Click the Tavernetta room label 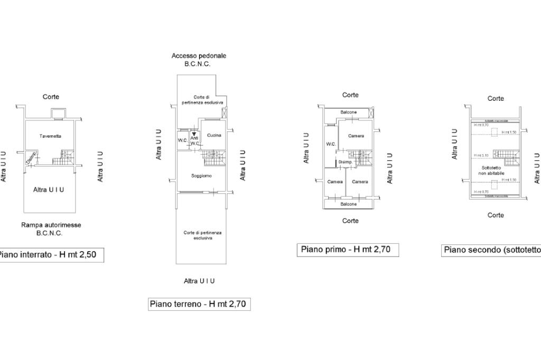[x=50, y=136]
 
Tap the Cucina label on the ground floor [x=214, y=135]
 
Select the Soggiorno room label [x=201, y=176]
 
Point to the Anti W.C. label [x=194, y=140]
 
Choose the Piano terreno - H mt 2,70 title [x=199, y=304]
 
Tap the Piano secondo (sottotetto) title [x=492, y=250]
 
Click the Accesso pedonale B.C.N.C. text [x=199, y=60]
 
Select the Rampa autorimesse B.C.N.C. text [x=51, y=229]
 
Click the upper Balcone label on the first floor [x=348, y=112]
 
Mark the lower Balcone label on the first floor [x=348, y=204]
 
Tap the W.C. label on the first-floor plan [x=331, y=144]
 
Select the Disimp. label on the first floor [x=345, y=162]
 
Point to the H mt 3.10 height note [x=481, y=155]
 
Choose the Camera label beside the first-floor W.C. [x=356, y=136]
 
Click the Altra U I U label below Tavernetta [x=49, y=190]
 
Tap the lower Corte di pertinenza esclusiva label [x=202, y=235]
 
